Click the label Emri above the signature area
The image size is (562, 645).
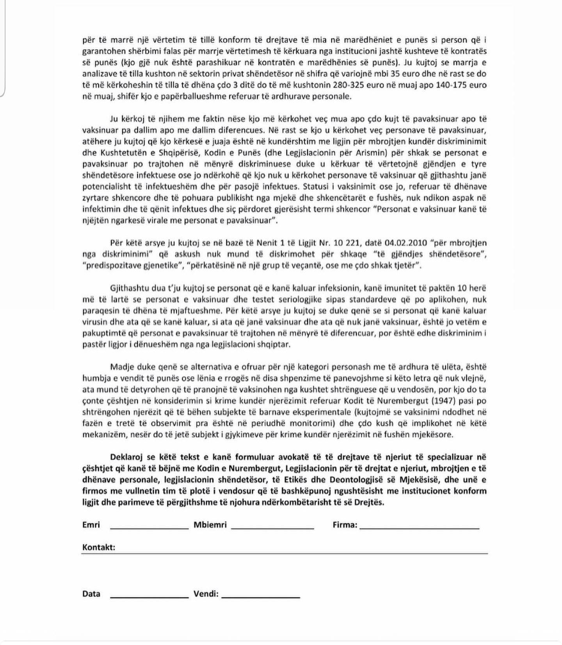[91, 525]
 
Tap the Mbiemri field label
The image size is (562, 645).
[210, 525]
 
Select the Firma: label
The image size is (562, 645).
[345, 525]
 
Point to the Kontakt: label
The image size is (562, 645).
[99, 547]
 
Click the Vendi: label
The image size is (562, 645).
[206, 594]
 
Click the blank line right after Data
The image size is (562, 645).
[149, 596]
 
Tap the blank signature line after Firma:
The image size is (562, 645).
[419, 528]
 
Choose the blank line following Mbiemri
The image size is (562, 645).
[272, 528]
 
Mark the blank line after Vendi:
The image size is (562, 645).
[261, 597]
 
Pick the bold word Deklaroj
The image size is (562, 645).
[126, 457]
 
